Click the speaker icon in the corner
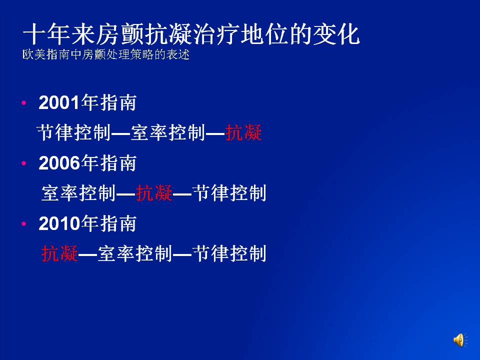(x=460, y=340)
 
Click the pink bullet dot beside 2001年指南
(x=24, y=103)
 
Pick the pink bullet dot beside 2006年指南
(x=24, y=163)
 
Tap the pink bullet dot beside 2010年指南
(x=24, y=223)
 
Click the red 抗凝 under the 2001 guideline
(x=243, y=132)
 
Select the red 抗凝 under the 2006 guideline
(x=154, y=193)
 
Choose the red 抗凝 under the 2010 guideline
(x=59, y=253)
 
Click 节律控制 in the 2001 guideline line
(x=74, y=132)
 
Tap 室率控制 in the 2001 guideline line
(x=168, y=132)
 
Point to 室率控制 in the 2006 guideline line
(x=78, y=193)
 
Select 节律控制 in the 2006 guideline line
(x=229, y=193)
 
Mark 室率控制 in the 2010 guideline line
(x=135, y=253)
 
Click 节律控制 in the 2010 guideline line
(x=229, y=253)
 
